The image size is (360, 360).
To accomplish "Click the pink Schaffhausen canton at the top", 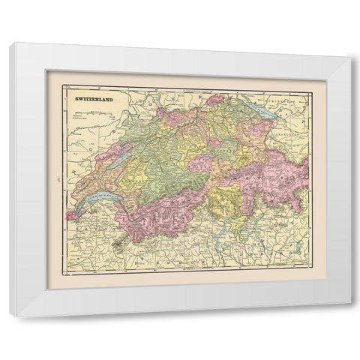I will point(216,100).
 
